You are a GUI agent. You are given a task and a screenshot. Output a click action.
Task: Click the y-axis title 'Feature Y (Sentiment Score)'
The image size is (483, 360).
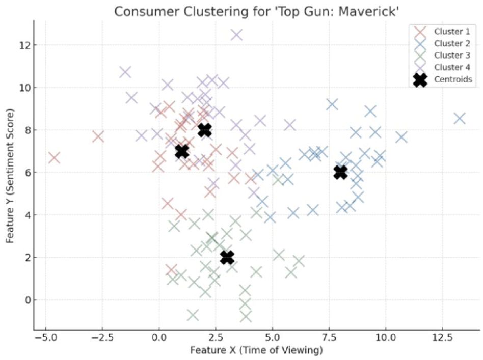(11, 176)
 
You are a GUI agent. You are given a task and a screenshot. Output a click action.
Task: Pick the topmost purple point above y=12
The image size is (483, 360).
(236, 35)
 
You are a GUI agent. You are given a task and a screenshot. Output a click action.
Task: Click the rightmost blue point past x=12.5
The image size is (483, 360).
(460, 118)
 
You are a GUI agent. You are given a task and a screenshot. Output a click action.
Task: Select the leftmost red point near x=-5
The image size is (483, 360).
(54, 157)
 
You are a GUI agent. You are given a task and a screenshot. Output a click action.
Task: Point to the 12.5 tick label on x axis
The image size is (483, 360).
(442, 338)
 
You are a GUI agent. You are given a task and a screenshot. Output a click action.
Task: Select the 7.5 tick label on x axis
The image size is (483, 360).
(329, 338)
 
